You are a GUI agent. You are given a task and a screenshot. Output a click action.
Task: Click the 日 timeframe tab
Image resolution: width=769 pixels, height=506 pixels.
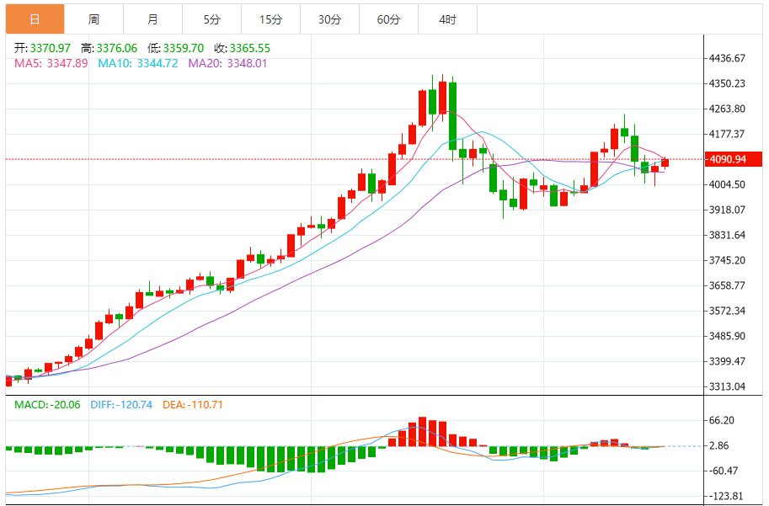click(x=34, y=19)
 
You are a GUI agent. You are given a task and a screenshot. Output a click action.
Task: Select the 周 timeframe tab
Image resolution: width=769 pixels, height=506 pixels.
click(x=93, y=19)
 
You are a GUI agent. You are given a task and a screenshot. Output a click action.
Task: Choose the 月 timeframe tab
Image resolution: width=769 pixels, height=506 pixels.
click(x=152, y=19)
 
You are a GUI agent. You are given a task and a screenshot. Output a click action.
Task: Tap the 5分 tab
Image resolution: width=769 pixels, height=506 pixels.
click(x=211, y=19)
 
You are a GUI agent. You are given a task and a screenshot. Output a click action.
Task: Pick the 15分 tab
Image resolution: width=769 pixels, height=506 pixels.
click(x=270, y=19)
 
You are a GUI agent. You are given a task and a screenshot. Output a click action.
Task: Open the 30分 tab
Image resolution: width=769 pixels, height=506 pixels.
click(x=329, y=19)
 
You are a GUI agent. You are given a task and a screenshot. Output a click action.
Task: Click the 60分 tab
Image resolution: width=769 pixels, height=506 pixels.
click(x=388, y=19)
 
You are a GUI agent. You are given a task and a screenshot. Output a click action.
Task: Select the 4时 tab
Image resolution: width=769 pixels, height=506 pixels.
click(x=447, y=19)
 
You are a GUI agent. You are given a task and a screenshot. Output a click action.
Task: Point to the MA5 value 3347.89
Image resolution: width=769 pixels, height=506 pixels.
click(x=51, y=63)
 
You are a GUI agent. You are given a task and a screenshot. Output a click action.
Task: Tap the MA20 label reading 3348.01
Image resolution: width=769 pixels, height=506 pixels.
click(x=227, y=63)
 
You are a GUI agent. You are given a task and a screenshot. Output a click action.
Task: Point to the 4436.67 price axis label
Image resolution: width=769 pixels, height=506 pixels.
click(x=728, y=58)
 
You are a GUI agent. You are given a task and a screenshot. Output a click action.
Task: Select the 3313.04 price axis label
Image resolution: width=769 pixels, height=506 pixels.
click(x=728, y=386)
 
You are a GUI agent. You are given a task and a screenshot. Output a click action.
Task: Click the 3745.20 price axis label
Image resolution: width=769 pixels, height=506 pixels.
click(x=728, y=260)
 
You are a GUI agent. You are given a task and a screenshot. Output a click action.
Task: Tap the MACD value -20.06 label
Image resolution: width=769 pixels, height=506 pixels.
click(x=48, y=405)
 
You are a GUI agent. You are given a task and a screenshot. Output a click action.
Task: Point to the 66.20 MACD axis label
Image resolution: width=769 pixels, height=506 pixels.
click(x=724, y=420)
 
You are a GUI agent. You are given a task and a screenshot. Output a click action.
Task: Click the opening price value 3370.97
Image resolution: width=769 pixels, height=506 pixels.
click(x=42, y=48)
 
